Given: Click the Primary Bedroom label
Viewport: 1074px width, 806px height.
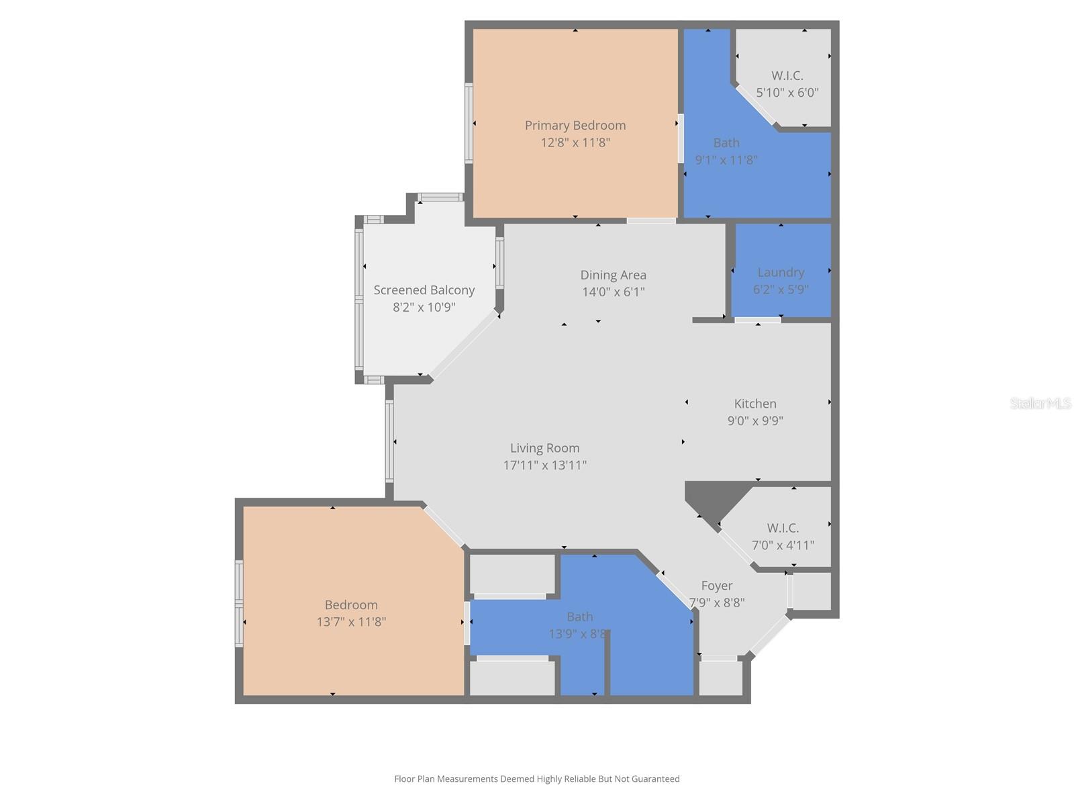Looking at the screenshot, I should [575, 126].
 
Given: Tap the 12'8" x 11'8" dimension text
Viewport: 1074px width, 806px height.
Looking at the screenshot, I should [575, 142].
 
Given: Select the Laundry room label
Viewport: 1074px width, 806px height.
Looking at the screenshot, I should [781, 272].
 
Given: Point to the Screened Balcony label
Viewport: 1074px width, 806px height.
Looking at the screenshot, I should [424, 290].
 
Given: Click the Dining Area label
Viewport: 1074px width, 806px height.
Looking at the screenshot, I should [613, 275].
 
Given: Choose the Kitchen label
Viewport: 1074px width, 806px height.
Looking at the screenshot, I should [755, 404].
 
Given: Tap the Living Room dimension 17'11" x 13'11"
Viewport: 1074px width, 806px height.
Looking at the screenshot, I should [544, 465].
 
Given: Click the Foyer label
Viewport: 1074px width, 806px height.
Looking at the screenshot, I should [716, 586].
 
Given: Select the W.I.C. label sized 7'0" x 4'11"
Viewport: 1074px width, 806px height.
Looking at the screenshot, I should [783, 528].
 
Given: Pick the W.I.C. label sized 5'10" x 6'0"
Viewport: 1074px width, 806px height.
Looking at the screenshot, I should [787, 76].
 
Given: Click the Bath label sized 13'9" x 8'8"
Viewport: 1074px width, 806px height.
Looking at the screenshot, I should [579, 617].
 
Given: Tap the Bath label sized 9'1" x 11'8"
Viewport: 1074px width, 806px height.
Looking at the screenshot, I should [726, 143].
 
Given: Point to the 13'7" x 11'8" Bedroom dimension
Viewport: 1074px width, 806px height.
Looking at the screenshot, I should [351, 622].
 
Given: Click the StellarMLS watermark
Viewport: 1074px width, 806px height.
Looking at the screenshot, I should [1040, 404].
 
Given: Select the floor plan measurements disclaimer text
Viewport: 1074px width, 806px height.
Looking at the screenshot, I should [536, 779].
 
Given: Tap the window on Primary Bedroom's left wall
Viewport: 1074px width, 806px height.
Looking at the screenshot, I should [469, 123].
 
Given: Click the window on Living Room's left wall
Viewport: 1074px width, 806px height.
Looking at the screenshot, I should [389, 441].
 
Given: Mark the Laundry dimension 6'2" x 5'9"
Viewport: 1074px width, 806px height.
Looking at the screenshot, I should [781, 289].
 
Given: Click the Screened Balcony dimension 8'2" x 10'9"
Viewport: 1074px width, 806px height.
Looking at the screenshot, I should [424, 308].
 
